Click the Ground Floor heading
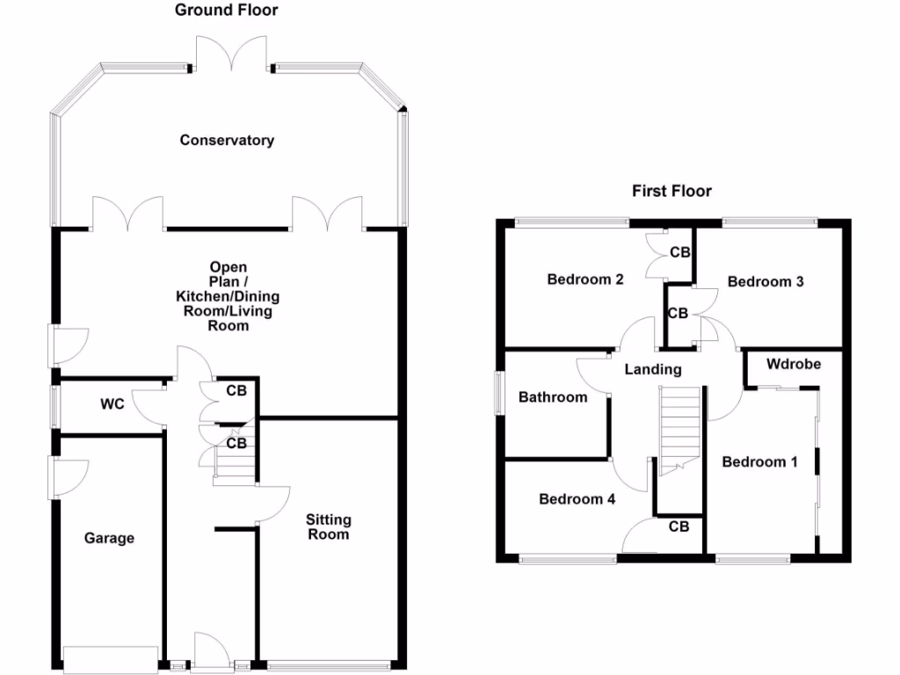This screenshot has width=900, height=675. point(226,11)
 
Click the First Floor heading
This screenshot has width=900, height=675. point(671,191)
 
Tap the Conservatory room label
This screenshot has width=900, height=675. point(227,140)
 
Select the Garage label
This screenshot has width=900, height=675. point(109,538)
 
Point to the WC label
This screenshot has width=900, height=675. point(112,404)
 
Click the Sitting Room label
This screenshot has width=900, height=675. point(328,526)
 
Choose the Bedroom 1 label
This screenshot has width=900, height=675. point(759,461)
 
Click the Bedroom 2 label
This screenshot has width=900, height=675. point(585,279)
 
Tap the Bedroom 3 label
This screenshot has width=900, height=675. point(766,281)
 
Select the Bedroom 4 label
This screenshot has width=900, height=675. point(577,498)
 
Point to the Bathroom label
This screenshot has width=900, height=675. point(553,397)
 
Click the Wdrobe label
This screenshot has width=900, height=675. point(794,363)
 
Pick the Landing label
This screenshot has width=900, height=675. point(653,369)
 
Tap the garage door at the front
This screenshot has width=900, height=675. point(112,657)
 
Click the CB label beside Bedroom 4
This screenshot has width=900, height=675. point(679,526)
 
